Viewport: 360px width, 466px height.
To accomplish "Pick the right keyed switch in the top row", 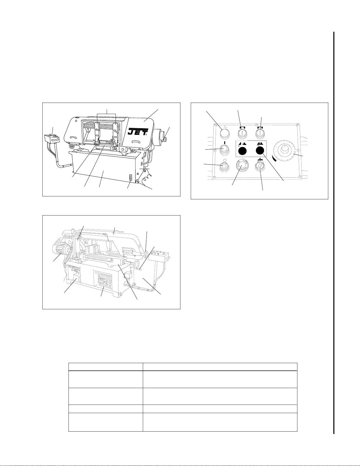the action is tap(260, 134).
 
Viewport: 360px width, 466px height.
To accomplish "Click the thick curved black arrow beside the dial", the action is tap(274, 158).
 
